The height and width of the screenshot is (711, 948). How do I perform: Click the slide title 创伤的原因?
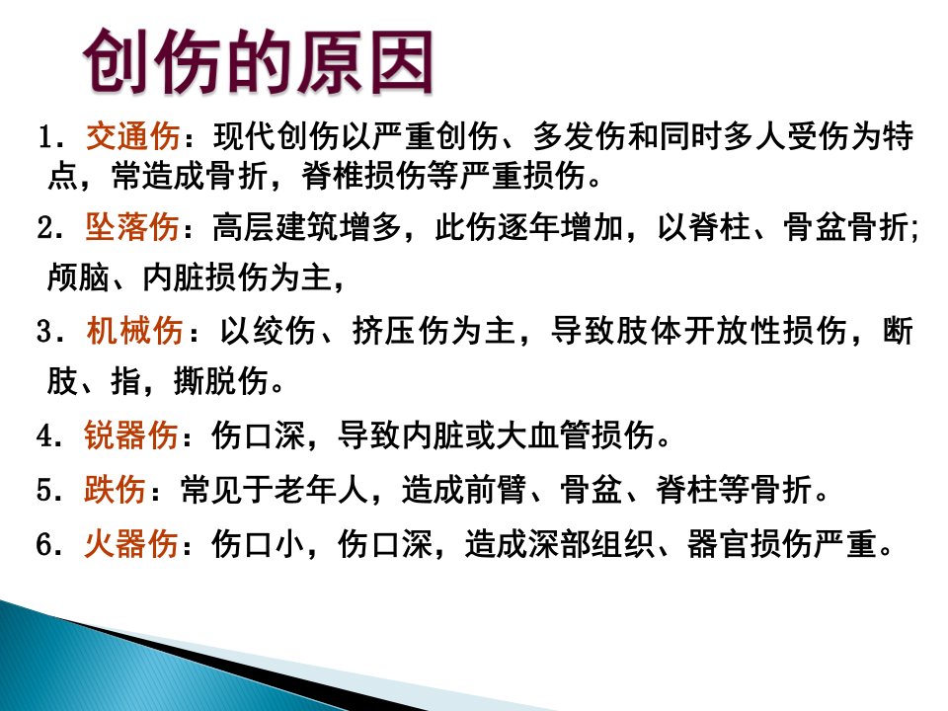tap(258, 61)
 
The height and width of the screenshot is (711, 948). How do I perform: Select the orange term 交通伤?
tap(133, 135)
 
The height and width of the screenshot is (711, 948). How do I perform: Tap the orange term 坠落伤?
tap(131, 228)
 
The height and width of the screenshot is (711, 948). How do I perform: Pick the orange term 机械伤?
tap(134, 331)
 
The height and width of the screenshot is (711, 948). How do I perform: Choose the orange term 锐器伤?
tap(130, 434)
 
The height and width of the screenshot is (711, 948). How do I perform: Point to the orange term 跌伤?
tap(115, 489)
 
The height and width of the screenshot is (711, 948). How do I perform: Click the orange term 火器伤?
tap(130, 543)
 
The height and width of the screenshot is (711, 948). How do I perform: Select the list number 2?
tap(46, 229)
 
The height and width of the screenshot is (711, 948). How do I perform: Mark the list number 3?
tap(46, 332)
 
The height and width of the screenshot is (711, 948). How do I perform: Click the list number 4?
tap(46, 435)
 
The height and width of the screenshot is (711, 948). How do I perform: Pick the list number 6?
tap(46, 544)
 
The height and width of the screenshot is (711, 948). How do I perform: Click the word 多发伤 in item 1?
tap(580, 135)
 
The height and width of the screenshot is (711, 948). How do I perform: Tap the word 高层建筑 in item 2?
tap(276, 228)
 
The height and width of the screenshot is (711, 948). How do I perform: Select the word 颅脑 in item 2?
tap(79, 277)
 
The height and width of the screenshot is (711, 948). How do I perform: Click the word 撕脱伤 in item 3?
tap(220, 381)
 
